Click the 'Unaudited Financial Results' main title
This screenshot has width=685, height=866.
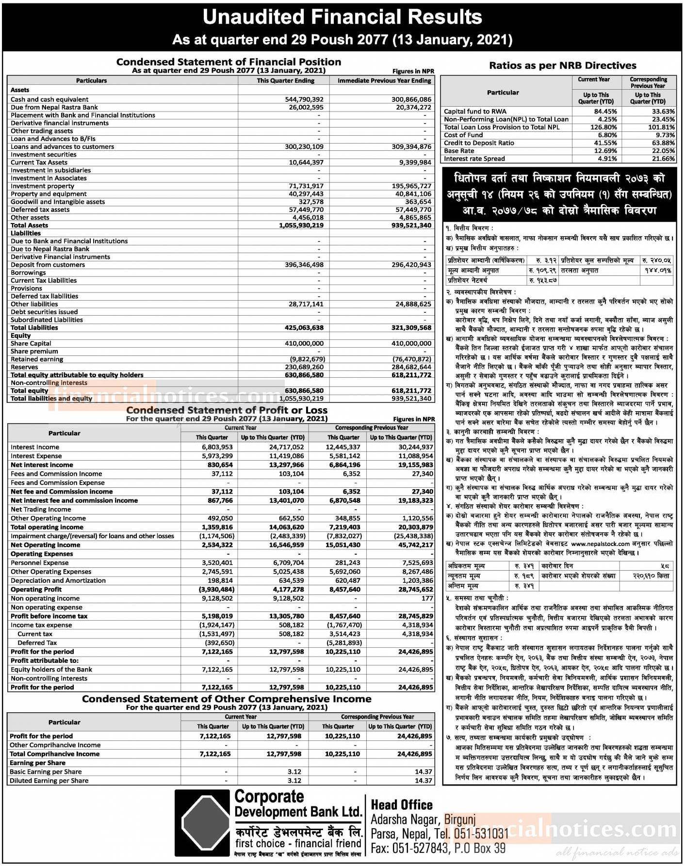click(342, 17)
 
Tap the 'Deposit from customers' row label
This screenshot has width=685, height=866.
click(48, 265)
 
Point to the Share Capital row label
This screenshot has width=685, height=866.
click(31, 343)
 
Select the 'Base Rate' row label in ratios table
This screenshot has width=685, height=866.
click(459, 151)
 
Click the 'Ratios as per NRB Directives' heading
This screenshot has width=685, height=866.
click(562, 65)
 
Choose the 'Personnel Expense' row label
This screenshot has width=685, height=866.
click(40, 563)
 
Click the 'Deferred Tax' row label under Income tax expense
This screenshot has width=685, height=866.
click(37, 643)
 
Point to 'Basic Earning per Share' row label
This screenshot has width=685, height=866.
click(46, 772)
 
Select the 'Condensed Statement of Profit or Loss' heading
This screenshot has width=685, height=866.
click(227, 410)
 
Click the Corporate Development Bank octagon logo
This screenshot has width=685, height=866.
click(202, 823)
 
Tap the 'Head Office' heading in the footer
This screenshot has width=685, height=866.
click(402, 805)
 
